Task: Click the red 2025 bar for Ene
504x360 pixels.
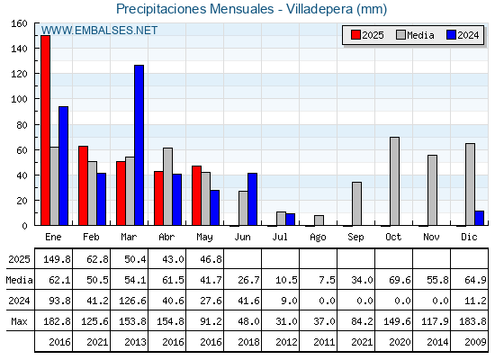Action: click(45, 130)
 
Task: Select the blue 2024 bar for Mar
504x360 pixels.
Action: click(139, 145)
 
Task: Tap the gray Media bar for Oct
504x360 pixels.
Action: click(394, 181)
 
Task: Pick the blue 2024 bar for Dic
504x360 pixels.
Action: click(479, 218)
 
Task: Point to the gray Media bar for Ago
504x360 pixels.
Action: click(319, 220)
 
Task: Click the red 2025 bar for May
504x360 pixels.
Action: click(196, 195)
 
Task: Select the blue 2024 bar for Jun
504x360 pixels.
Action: click(252, 199)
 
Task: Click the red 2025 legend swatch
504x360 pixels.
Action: click(355, 35)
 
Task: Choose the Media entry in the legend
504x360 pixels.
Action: click(415, 35)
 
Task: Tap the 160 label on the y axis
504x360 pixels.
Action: click(19, 23)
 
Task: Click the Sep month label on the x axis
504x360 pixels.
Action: click(355, 237)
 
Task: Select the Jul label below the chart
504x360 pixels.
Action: click(280, 237)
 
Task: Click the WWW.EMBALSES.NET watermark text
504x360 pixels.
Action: click(99, 31)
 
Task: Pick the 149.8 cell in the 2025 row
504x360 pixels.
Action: click(57, 259)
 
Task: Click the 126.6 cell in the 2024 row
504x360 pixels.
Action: click(132, 301)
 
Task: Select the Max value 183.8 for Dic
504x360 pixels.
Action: click(472, 321)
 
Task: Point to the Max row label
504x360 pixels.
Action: click(19, 321)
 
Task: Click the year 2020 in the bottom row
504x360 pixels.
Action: click(400, 342)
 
